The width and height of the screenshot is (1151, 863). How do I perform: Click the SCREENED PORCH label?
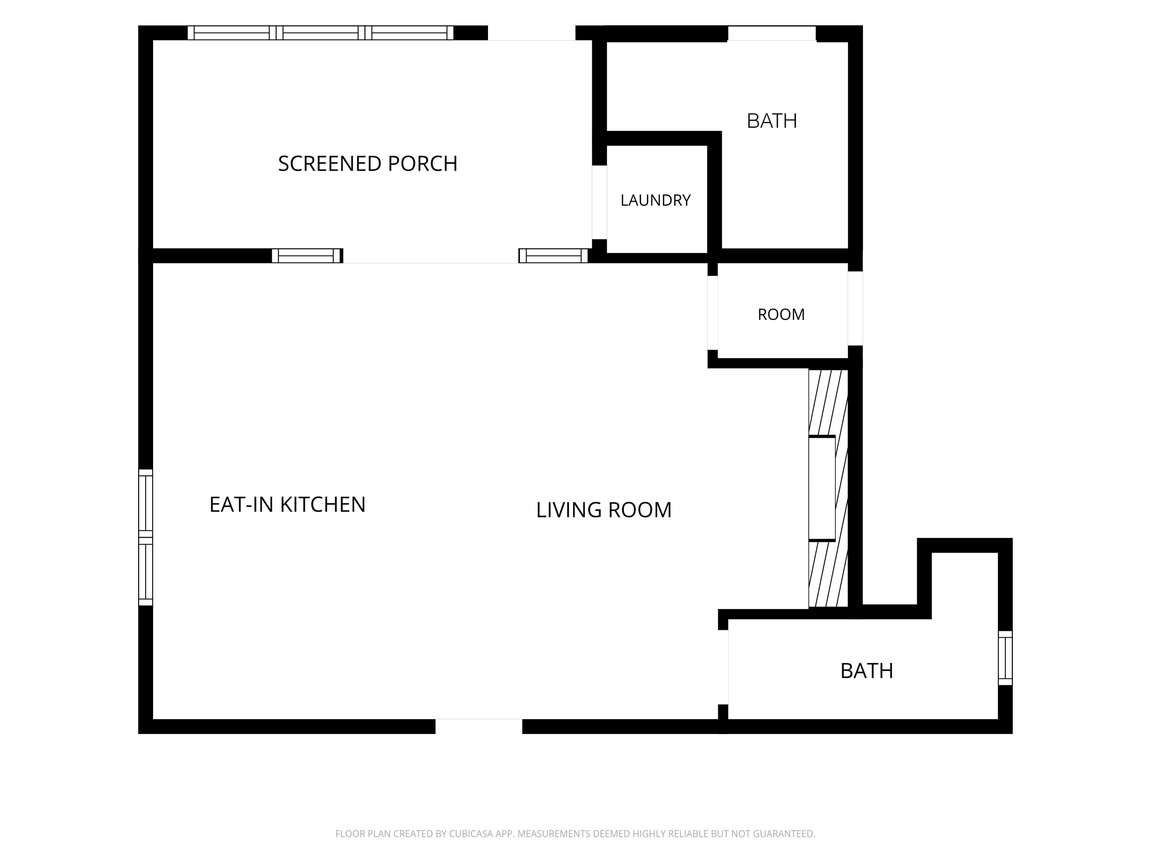tap(368, 163)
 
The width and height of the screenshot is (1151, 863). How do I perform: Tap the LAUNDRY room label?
tap(655, 200)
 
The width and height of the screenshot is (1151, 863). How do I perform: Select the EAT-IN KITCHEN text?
tap(287, 504)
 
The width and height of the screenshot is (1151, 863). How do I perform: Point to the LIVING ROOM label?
tap(604, 510)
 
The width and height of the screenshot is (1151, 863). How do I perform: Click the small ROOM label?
tap(781, 314)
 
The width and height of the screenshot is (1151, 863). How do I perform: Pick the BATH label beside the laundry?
tap(772, 121)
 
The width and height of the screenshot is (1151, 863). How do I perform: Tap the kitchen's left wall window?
tap(146, 537)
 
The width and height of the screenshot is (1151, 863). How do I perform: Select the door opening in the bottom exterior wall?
tap(479, 726)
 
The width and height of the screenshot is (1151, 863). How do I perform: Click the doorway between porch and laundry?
tap(599, 203)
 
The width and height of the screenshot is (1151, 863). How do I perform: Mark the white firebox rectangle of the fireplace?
tap(822, 489)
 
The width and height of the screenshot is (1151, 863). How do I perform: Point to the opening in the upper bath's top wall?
tap(772, 33)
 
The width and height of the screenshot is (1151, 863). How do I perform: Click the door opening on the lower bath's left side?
tap(723, 667)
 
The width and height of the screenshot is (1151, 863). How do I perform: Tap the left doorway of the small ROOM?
tap(712, 313)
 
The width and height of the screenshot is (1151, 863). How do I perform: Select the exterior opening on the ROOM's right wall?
tap(856, 308)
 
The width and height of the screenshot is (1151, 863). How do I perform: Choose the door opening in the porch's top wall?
tap(532, 33)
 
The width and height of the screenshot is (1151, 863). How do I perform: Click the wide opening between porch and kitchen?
tap(431, 256)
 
